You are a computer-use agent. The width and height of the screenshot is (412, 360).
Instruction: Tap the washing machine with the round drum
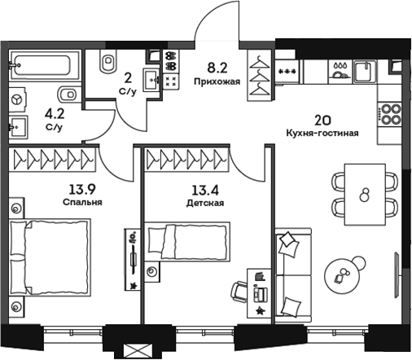click(17, 99)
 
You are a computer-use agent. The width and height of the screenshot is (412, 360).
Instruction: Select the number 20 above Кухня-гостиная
click(323, 119)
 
